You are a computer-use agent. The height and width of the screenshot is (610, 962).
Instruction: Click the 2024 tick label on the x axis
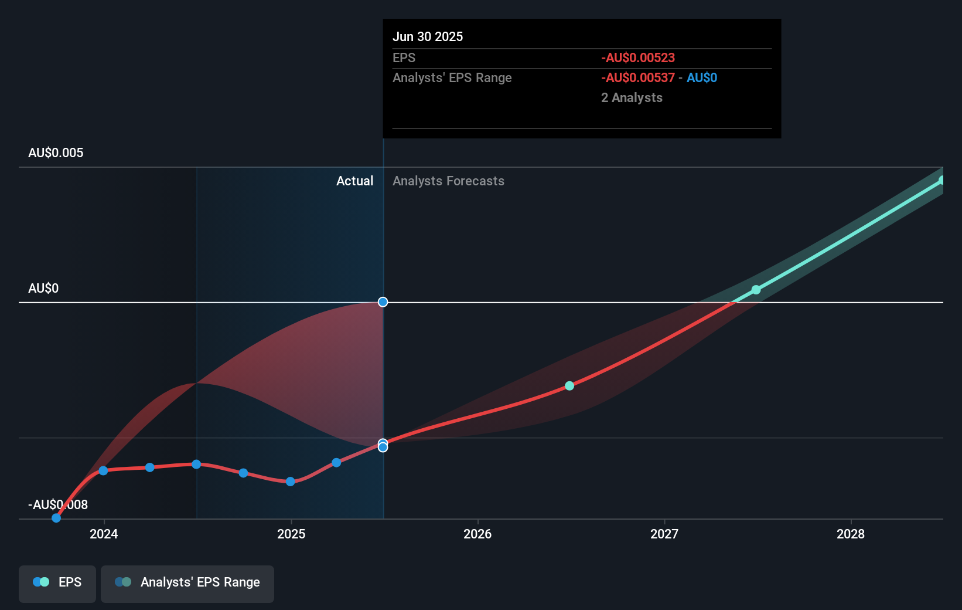tap(104, 534)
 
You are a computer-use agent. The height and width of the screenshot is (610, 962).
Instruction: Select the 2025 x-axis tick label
tap(291, 534)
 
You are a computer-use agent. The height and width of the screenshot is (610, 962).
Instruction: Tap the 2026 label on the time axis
tap(477, 534)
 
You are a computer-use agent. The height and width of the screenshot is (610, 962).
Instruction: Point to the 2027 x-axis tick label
tap(664, 534)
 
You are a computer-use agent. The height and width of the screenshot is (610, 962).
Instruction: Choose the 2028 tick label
tap(851, 534)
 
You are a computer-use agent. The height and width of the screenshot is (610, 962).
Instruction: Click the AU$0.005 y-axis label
tap(56, 153)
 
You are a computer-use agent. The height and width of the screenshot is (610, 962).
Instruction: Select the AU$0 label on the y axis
tap(43, 289)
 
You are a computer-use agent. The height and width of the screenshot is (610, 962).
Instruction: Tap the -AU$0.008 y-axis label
tap(58, 504)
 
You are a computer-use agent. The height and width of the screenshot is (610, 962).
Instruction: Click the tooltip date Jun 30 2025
tap(428, 37)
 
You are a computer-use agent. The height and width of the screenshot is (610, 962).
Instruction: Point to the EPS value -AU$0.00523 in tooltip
tap(638, 58)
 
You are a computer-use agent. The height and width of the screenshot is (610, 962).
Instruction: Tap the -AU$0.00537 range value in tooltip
tap(638, 78)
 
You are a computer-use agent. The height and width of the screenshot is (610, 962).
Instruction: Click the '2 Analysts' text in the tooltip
tap(632, 98)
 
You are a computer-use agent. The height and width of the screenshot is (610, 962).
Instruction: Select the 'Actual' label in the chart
tap(354, 181)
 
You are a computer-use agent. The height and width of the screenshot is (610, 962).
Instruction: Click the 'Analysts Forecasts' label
tap(448, 181)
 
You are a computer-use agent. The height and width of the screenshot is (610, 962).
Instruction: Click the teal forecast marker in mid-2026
tap(569, 386)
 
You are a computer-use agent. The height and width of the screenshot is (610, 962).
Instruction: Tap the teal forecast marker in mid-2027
tap(756, 290)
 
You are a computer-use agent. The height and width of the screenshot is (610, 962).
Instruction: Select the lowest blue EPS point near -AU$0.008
tap(56, 518)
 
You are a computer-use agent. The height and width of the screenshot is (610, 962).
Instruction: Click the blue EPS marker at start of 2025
tap(291, 482)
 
